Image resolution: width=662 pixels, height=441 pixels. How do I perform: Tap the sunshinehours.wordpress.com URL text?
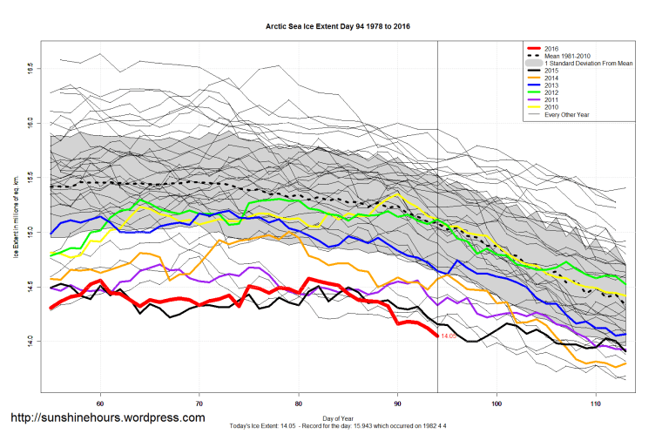click(107, 417)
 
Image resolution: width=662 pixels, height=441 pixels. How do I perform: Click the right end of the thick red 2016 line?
click(436, 336)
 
